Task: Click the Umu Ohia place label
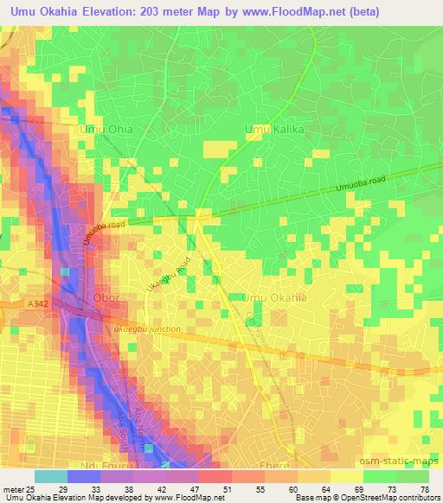coord(106,130)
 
